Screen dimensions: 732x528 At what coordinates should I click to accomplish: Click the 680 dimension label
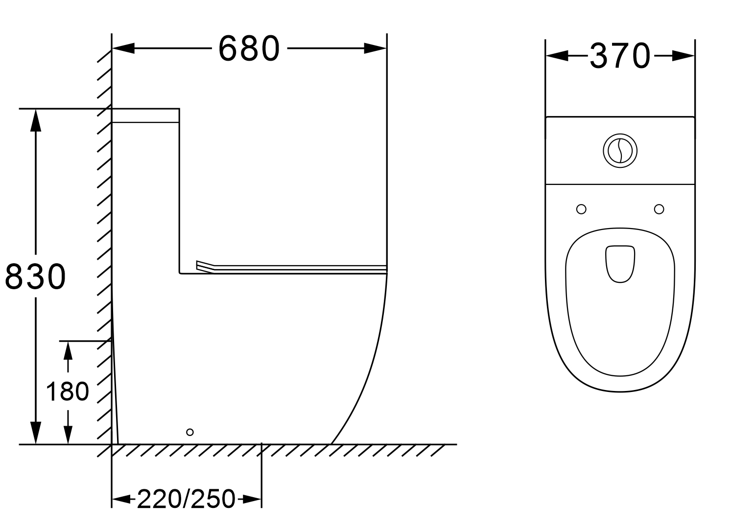249,48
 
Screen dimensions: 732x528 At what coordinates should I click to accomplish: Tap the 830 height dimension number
35,276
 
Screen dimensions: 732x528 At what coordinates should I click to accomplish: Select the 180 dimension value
68,391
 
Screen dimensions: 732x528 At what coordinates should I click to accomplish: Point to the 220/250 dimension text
186,499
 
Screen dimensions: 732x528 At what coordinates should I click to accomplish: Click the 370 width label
620,56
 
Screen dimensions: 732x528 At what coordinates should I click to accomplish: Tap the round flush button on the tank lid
620,151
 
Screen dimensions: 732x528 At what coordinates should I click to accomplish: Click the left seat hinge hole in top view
581,209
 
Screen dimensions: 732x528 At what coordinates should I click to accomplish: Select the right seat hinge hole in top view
659,209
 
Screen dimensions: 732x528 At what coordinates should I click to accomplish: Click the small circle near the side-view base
190,432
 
